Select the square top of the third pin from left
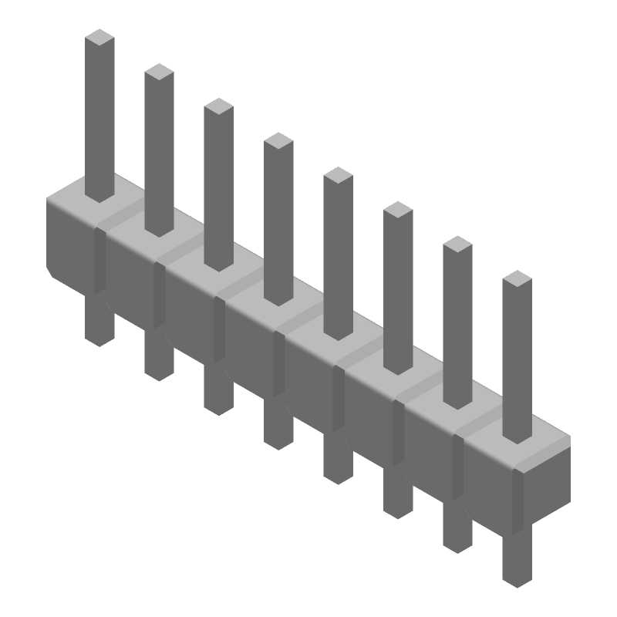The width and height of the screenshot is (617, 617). (x=218, y=106)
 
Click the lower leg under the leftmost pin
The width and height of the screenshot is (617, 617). (x=99, y=320)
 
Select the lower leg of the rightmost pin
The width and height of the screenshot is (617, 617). (x=517, y=559)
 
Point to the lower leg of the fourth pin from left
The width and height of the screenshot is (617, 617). (x=278, y=424)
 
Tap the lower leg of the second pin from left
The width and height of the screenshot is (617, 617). (x=158, y=356)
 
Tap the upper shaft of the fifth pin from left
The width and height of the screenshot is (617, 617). (x=338, y=255)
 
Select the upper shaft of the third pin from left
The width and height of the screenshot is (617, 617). (x=218, y=185)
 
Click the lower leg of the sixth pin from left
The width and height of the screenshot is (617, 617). (x=397, y=494)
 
